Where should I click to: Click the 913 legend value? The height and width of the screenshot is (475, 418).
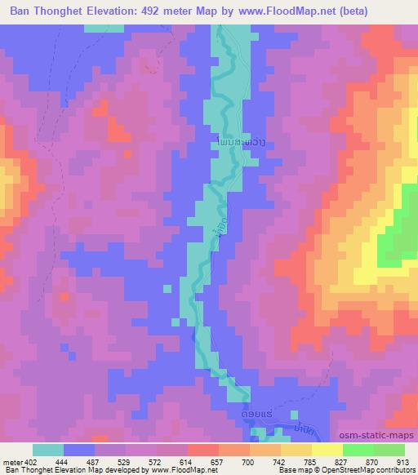pos(402,461)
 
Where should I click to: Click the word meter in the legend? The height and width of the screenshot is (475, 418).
pos(12,461)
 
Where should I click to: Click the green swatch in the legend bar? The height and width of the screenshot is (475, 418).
pos(373,450)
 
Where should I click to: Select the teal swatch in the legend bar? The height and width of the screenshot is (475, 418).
pos(48,450)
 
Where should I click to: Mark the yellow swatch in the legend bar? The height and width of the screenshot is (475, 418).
pos(327,450)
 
